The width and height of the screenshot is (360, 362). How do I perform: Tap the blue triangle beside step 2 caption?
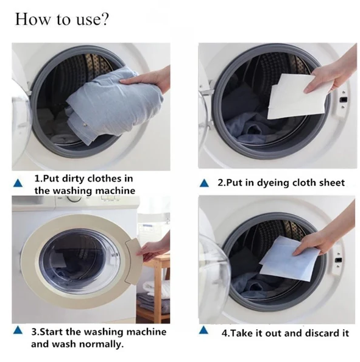click(205, 183)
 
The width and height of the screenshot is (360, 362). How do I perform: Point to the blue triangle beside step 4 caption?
click(205, 333)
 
